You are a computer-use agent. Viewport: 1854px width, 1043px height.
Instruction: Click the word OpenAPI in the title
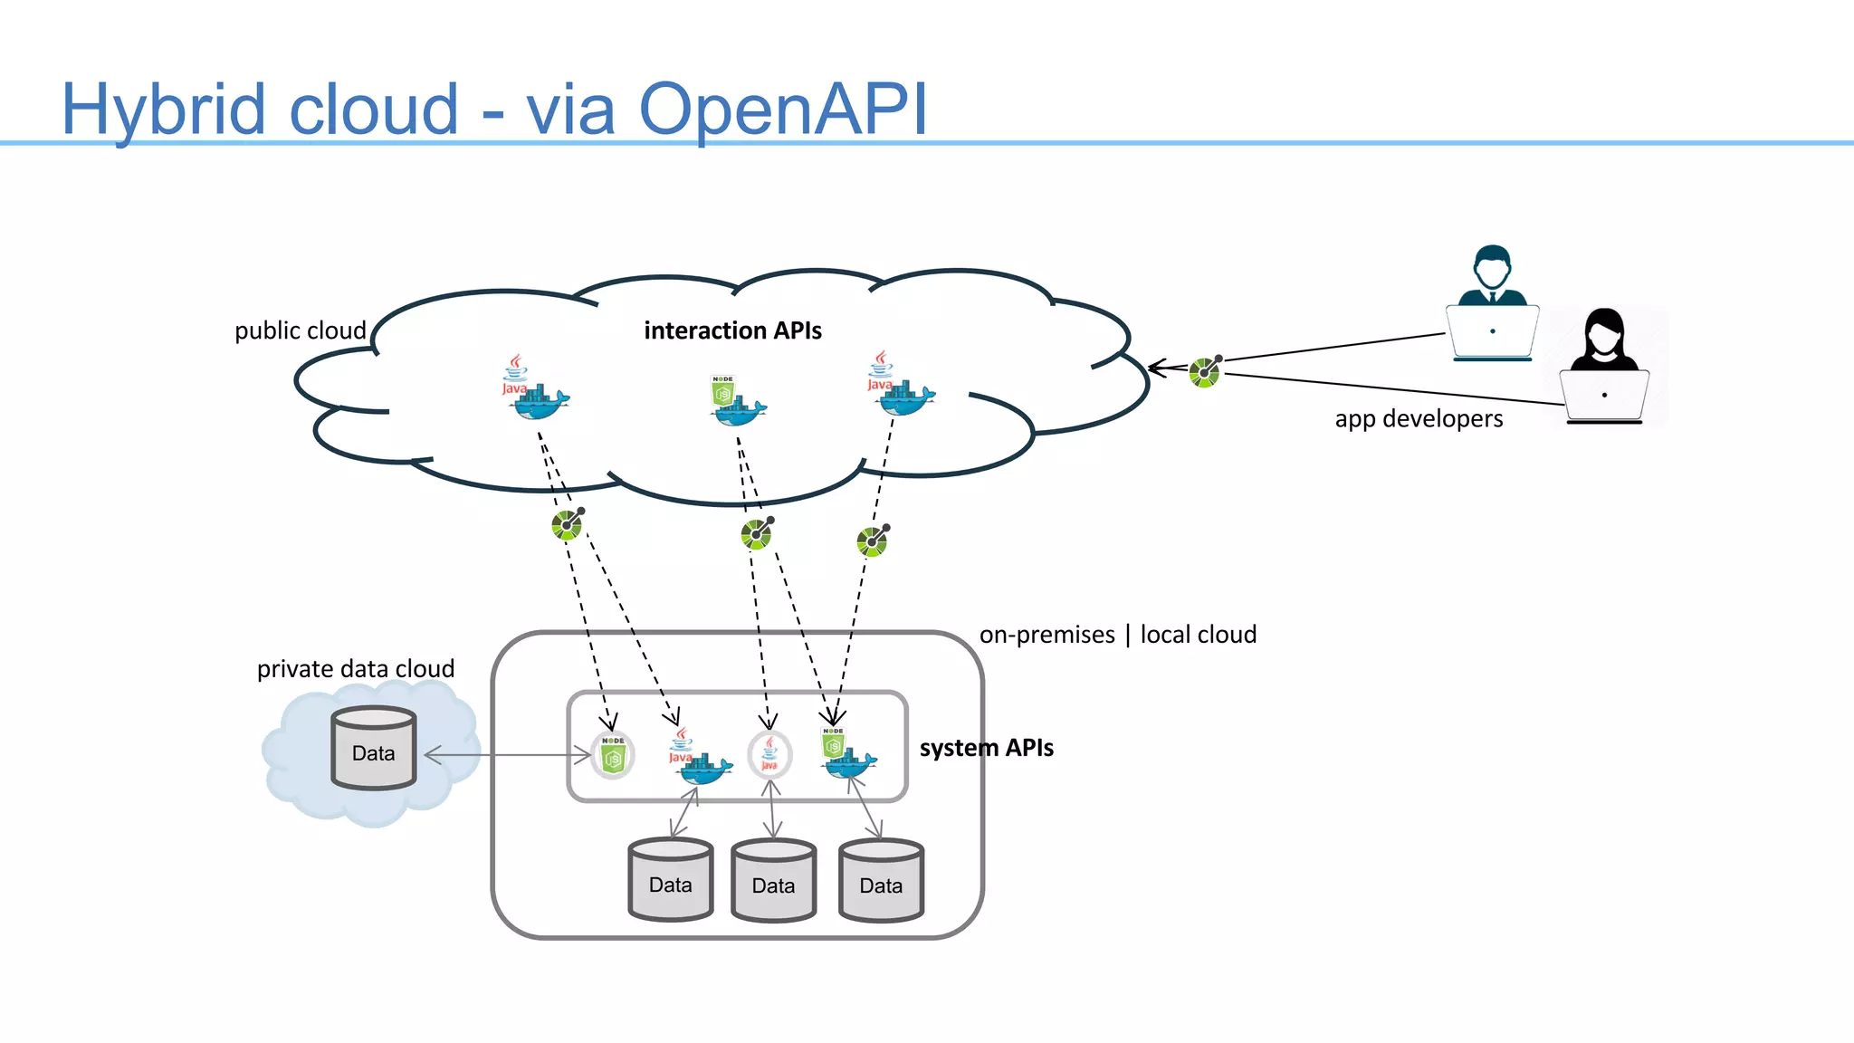783,110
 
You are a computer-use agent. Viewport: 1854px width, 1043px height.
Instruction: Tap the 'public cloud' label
300,330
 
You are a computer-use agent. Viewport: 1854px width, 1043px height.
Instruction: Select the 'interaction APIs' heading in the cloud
732,330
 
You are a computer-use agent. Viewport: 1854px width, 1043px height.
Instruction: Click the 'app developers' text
1419,418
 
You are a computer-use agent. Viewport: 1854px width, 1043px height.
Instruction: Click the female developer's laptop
1604,397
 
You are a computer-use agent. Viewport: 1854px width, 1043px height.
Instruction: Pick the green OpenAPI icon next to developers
1205,371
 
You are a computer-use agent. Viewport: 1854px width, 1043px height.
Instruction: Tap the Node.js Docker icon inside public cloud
735,401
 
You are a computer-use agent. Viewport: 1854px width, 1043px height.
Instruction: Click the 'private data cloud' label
356,669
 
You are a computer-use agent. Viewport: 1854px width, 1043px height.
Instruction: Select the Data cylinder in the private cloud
374,748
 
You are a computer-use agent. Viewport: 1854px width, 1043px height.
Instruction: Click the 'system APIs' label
986,748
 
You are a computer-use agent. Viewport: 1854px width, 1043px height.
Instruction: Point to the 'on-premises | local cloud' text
1117,635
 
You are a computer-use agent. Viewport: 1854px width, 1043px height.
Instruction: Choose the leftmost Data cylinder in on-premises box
671,880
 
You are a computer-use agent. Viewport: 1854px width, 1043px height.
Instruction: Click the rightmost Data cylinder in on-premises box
881,880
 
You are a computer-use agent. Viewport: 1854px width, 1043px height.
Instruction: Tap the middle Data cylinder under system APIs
774,880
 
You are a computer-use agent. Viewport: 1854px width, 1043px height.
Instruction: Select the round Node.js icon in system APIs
613,754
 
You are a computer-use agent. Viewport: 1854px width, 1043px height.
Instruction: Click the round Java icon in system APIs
769,754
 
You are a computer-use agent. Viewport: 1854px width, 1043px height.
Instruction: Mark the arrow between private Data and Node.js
507,755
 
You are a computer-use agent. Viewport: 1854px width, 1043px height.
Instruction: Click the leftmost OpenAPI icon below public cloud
568,523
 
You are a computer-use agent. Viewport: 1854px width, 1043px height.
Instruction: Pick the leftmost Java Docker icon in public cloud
534,390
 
